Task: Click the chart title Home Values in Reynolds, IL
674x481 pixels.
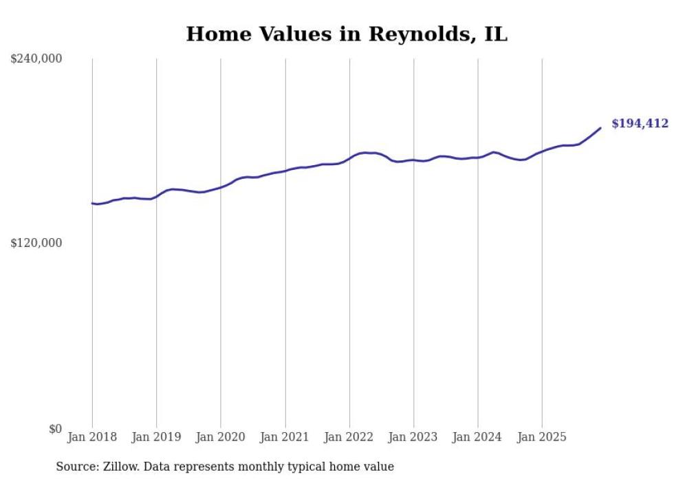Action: [347, 34]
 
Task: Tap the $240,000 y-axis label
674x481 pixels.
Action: [36, 59]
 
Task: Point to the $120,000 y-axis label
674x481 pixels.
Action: [36, 243]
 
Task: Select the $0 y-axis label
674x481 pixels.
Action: [56, 429]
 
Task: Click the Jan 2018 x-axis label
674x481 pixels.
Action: [92, 437]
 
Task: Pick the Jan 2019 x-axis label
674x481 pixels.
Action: [156, 437]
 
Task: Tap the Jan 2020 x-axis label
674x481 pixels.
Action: [221, 437]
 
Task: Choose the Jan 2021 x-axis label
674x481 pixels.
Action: [285, 437]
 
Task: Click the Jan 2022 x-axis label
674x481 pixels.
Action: [349, 437]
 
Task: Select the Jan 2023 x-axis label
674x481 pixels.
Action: [413, 437]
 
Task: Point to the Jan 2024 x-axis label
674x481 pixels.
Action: [478, 437]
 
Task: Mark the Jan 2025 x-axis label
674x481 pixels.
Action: [542, 437]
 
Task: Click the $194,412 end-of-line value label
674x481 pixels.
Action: [640, 124]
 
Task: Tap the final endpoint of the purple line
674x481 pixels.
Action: [600, 128]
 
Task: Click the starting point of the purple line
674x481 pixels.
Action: [92, 203]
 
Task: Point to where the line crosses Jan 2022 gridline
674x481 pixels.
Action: [349, 158]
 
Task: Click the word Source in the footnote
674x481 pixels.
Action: [74, 467]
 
